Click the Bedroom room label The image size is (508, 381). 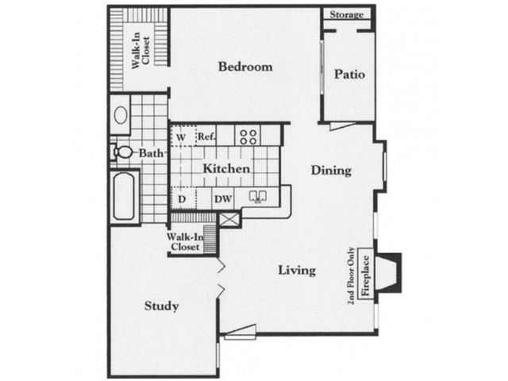pos(245,67)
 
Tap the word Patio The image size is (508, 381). pos(349,74)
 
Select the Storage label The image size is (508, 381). pos(346,14)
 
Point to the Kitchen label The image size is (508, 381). pos(226,168)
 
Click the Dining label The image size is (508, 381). pos(331,171)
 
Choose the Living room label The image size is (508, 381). pos(297,270)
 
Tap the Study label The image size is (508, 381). pos(161,306)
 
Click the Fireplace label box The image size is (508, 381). pos(365,274)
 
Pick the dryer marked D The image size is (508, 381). pos(183,198)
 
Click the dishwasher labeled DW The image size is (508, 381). pos(223,198)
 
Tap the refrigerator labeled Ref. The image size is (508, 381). pos(207,136)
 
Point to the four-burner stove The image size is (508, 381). pos(248,137)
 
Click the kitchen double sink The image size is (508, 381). pos(257,197)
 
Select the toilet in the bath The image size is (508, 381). pos(121,152)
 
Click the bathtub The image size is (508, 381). pos(124,196)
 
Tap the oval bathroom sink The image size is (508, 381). pos(121,115)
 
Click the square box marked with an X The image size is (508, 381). pos(229,219)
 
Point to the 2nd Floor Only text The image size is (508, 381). pos(351,276)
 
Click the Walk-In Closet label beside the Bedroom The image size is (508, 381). pos(141,50)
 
